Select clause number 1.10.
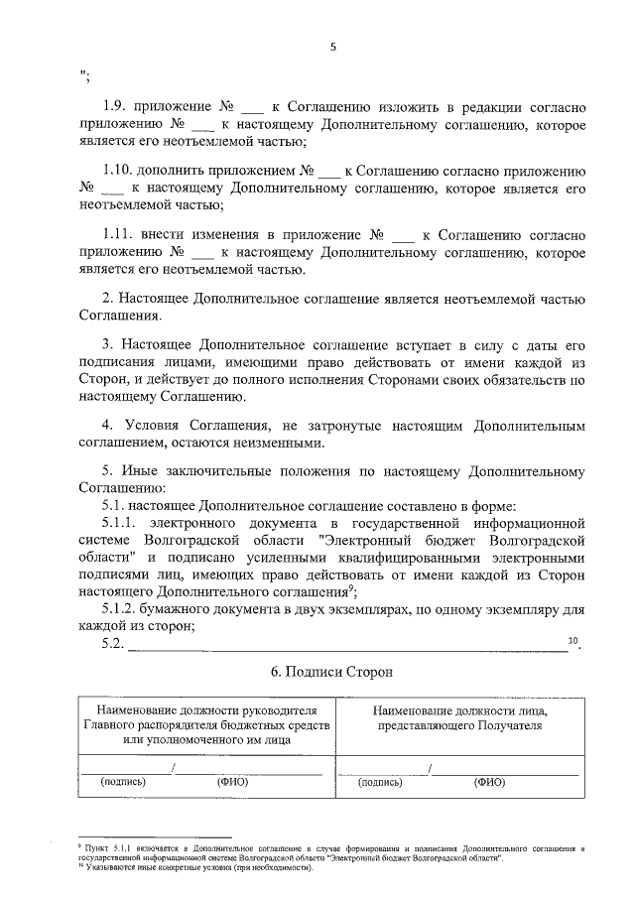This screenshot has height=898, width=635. (121, 170)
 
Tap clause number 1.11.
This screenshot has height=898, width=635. (121, 234)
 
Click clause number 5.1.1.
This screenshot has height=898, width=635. (120, 522)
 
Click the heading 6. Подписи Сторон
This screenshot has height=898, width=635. (332, 672)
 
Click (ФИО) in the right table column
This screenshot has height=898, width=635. (489, 782)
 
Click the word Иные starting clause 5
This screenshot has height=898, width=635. (137, 471)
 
